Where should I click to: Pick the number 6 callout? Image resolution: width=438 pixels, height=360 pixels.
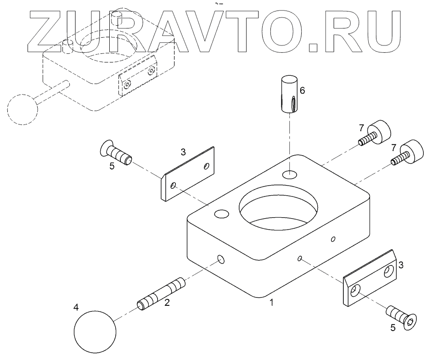(x=302, y=90)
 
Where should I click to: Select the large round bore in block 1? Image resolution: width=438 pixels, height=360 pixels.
(x=278, y=208)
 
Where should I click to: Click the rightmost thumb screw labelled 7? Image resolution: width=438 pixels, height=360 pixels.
(x=408, y=153)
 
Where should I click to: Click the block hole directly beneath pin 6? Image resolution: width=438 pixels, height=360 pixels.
(x=290, y=174)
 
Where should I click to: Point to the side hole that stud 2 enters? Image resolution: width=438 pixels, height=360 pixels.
(x=221, y=260)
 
